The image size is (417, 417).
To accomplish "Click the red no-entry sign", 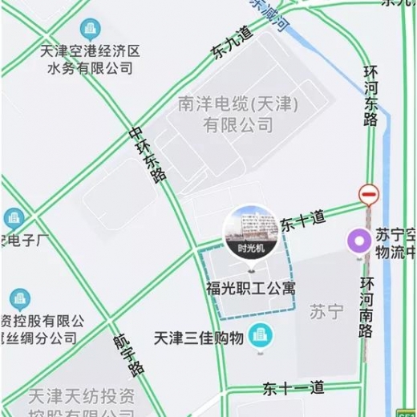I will click(369, 194).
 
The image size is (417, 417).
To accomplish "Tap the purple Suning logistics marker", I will click(358, 240).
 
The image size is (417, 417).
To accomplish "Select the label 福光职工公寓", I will click(249, 287).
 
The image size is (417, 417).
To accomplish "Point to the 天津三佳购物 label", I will click(200, 338).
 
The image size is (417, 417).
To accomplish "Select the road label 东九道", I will click(232, 43).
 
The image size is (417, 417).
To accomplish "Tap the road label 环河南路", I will click(366, 307).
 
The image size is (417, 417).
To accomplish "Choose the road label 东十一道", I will click(294, 389).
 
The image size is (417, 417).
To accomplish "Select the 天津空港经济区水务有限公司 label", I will click(91, 60).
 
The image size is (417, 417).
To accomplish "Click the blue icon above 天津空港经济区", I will click(91, 30).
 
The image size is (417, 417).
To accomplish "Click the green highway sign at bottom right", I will click(407, 411).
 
